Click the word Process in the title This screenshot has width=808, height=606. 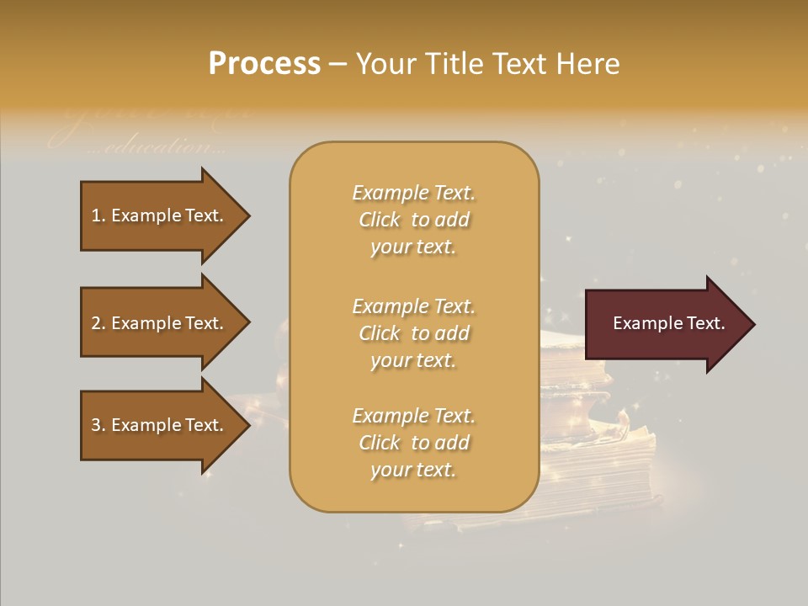264,64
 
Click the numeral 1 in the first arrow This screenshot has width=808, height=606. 96,215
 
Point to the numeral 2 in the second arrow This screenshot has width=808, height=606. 96,323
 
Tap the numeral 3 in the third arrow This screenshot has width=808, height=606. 96,425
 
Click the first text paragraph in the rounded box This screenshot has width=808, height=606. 413,220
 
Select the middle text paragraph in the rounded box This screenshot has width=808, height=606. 413,333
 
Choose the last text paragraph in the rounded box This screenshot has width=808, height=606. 413,443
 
